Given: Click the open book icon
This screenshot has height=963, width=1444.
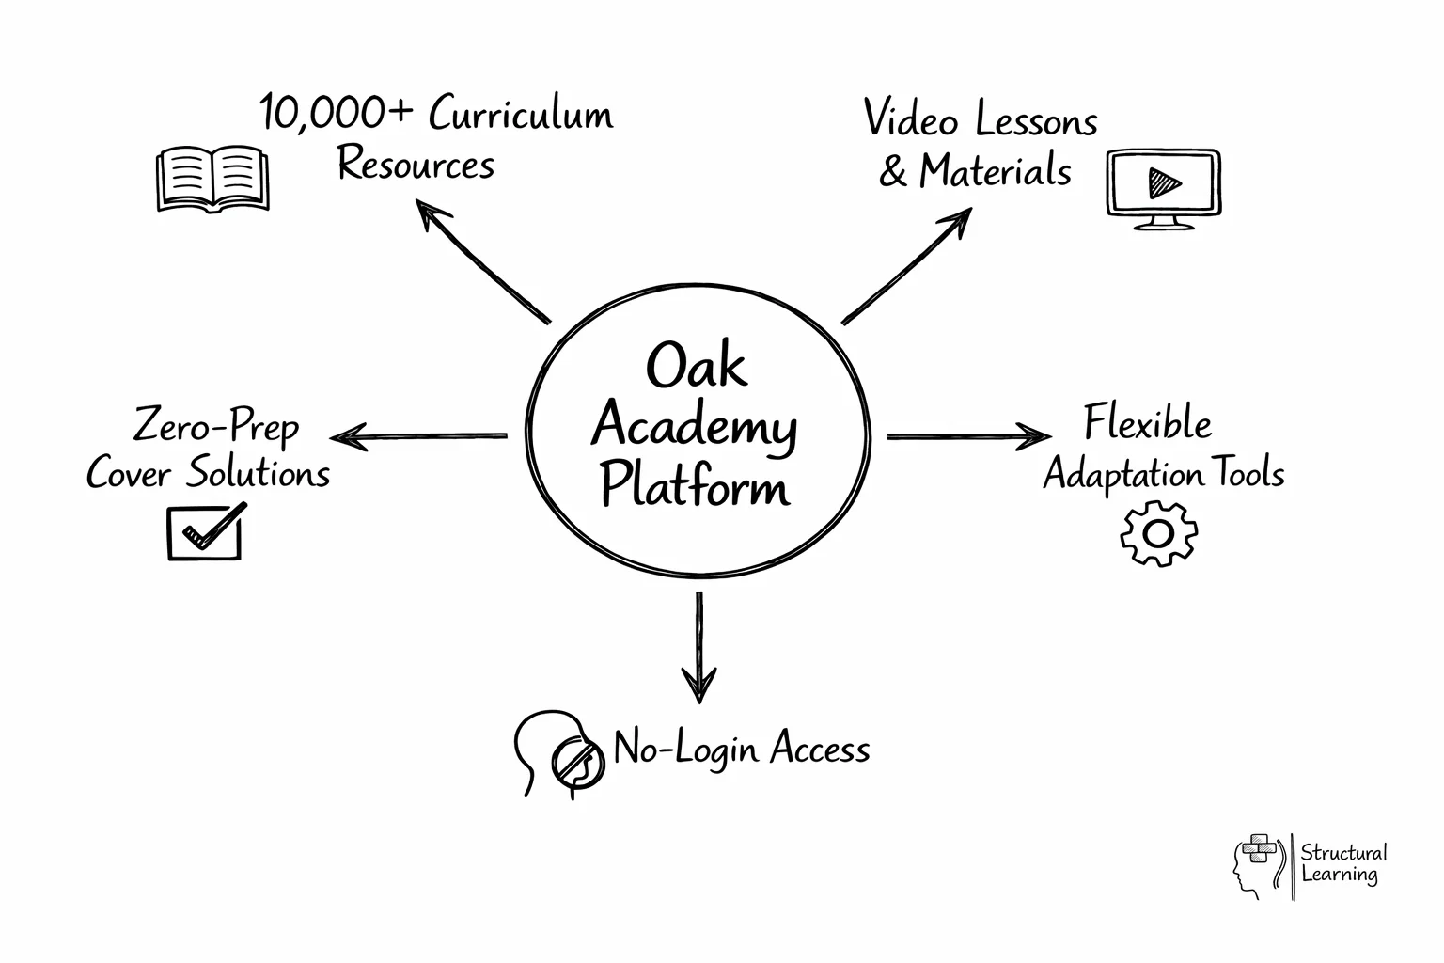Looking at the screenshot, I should pos(212,178).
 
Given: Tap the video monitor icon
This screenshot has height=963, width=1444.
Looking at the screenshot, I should pos(1164,188).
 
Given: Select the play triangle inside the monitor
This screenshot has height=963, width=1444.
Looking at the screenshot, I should pos(1164,182).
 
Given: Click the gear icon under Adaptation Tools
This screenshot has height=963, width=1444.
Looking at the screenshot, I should pos(1158,533).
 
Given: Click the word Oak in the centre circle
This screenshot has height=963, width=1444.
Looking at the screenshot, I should pos(696,366).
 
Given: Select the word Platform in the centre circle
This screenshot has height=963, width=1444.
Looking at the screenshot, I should pos(695,486).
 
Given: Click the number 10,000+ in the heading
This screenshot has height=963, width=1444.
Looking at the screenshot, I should pos(337,114).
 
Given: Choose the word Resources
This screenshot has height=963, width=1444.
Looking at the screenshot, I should pos(416,165).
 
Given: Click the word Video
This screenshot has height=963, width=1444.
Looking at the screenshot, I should pos(910,119).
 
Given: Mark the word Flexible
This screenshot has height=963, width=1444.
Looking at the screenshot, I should pos(1148,423).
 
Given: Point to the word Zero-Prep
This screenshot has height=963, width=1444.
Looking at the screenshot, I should pos(216,426).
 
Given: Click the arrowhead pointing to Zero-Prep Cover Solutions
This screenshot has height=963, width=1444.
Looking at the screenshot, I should pos(344,436).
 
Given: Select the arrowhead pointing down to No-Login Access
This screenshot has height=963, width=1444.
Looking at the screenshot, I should pos(698,687).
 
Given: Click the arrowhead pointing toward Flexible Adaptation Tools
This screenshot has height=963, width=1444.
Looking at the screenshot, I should pos(1036,436).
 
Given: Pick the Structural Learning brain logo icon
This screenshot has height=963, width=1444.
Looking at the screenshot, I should pos(1258,863).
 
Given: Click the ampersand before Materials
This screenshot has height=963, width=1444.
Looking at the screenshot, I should pos(893,172).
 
